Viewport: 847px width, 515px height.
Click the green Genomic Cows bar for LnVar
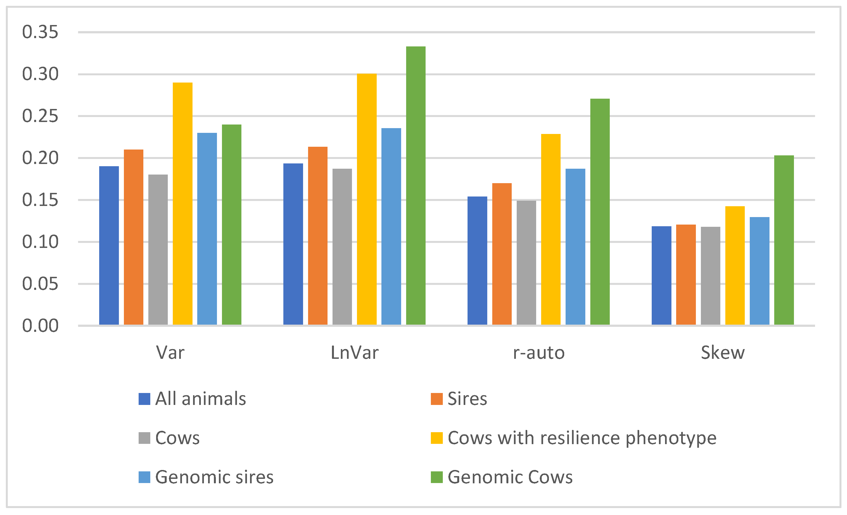click(x=416, y=186)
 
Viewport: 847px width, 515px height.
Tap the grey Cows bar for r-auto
click(x=526, y=262)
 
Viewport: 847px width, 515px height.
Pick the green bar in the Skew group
click(x=784, y=240)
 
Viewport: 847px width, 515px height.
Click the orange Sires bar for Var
click(x=133, y=237)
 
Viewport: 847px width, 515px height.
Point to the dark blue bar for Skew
click(x=661, y=275)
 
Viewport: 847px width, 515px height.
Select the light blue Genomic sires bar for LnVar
click(x=391, y=226)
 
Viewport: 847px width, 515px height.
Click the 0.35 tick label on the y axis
click(x=40, y=32)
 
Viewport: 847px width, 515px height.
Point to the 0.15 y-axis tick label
click(x=40, y=200)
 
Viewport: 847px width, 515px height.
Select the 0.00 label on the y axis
click(x=40, y=326)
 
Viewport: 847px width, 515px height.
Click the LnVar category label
click(x=354, y=353)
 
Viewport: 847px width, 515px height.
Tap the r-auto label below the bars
click(x=539, y=353)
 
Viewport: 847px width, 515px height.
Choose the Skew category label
click(x=723, y=353)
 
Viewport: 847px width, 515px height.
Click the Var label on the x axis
click(x=170, y=353)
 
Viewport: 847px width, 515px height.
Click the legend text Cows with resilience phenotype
click(x=582, y=438)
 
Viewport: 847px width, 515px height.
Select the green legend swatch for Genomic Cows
click(x=437, y=477)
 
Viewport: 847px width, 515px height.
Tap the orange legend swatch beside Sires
click(x=437, y=399)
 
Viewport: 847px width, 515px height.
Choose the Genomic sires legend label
click(x=214, y=477)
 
